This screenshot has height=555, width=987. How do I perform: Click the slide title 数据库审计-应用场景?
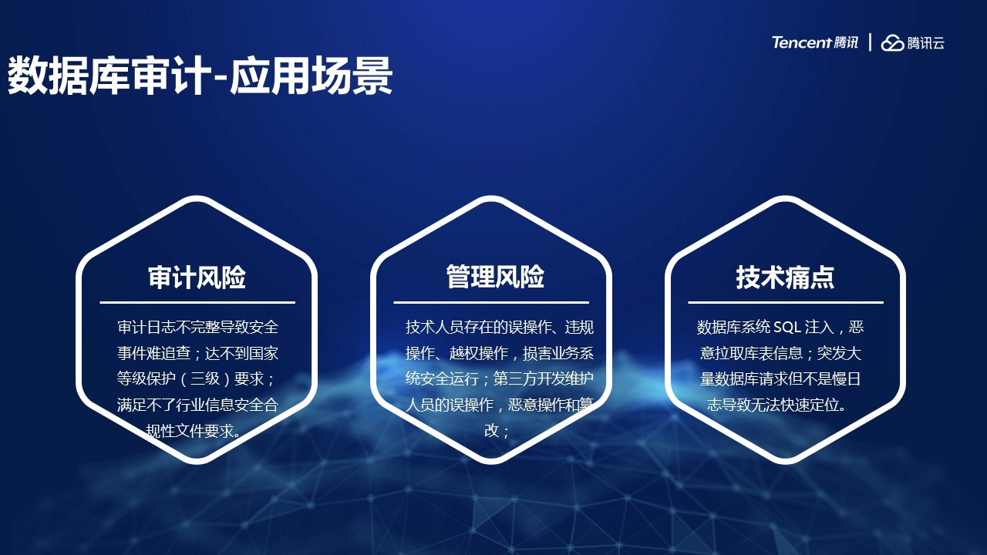200,76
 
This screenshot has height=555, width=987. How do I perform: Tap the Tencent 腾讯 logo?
815,42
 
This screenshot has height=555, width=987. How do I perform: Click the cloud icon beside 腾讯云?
892,42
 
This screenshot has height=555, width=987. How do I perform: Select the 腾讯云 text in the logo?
925,43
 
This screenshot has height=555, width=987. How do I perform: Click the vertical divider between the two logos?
870,42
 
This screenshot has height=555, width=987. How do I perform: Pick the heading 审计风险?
197,277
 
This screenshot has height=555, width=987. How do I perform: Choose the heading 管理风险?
495,277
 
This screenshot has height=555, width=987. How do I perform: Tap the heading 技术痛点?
785,277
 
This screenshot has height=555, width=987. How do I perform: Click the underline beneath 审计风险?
197,303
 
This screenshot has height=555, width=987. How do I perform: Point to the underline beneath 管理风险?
491,303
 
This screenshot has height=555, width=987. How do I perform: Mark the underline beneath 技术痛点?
786,303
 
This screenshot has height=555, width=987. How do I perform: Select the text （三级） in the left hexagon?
205,378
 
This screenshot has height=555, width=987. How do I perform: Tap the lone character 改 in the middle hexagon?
491,430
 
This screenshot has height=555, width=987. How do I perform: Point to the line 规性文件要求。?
194,431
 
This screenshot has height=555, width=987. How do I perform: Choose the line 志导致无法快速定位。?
777,405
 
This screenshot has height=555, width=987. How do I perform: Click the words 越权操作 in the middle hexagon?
479,353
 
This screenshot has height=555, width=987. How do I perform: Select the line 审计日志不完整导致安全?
198,328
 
